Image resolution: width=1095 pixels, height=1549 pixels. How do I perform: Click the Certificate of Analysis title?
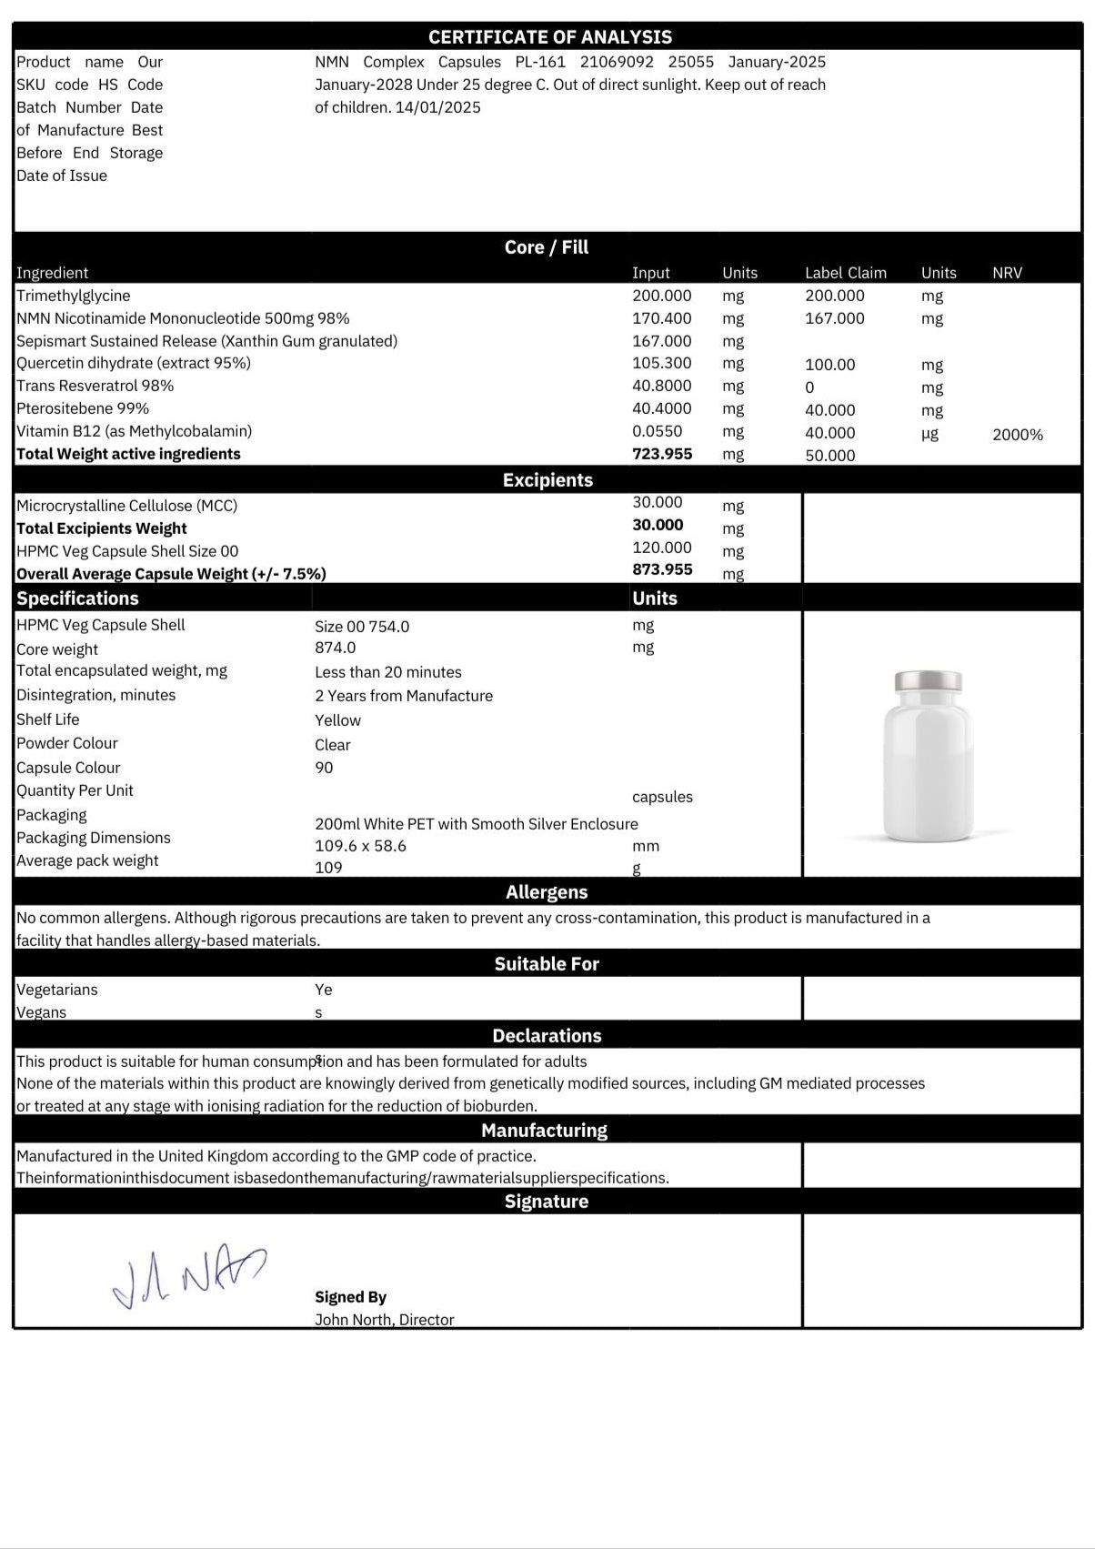pyautogui.click(x=549, y=37)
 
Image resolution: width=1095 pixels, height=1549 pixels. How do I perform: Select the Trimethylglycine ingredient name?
pyautogui.click(x=74, y=296)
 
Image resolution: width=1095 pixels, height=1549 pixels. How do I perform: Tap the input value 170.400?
pyautogui.click(x=661, y=318)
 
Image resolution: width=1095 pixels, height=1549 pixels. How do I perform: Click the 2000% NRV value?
pyautogui.click(x=1017, y=435)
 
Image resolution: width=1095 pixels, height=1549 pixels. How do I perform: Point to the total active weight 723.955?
pyautogui.click(x=661, y=454)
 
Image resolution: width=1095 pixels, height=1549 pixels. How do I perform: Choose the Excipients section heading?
pyautogui.click(x=547, y=480)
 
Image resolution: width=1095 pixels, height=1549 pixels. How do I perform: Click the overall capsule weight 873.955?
pyautogui.click(x=661, y=569)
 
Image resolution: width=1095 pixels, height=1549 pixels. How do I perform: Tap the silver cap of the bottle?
pyautogui.click(x=928, y=681)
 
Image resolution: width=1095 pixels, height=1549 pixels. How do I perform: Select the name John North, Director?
pyautogui.click(x=384, y=1320)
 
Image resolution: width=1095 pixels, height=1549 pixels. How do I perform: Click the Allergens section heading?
pyautogui.click(x=547, y=892)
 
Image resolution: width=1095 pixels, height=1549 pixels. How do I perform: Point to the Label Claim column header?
pyautogui.click(x=845, y=273)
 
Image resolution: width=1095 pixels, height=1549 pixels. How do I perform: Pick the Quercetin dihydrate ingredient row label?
pyautogui.click(x=134, y=363)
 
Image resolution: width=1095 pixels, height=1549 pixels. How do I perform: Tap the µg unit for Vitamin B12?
pyautogui.click(x=929, y=434)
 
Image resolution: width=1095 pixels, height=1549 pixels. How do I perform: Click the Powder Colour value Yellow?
pyautogui.click(x=337, y=720)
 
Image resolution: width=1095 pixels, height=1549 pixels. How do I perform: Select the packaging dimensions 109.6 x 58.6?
pyautogui.click(x=360, y=846)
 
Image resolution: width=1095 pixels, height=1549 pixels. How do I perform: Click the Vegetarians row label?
pyautogui.click(x=57, y=990)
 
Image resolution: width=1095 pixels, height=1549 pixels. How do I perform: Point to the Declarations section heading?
pyautogui.click(x=547, y=1036)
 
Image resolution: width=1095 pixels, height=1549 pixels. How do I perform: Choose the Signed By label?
pyautogui.click(x=350, y=1297)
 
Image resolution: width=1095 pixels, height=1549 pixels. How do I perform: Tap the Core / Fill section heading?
pyautogui.click(x=547, y=247)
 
